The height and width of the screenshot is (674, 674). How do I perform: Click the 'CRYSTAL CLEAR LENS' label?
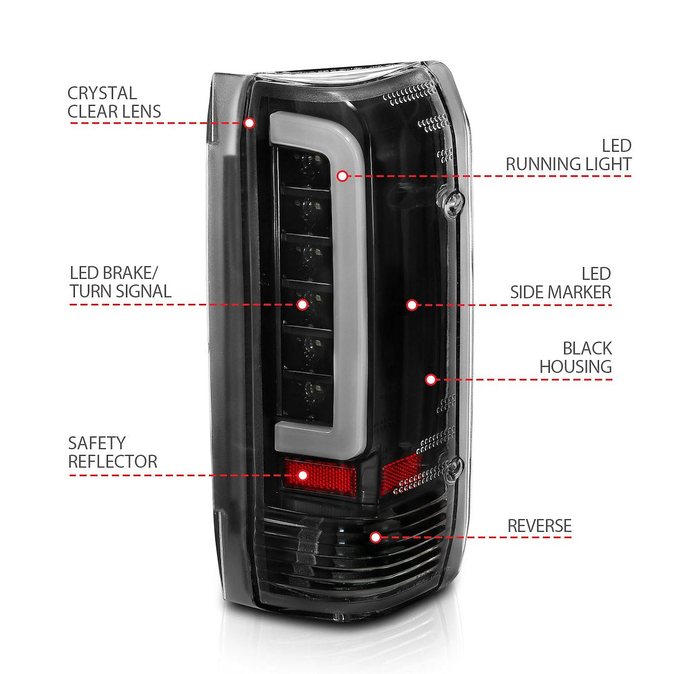(x=114, y=102)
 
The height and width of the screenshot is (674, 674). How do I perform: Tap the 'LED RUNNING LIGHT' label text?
(x=569, y=155)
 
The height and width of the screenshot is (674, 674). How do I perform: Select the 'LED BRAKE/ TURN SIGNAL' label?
(x=120, y=282)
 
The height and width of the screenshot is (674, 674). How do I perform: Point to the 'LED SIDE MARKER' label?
(x=560, y=283)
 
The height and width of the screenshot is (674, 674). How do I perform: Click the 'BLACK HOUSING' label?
(x=575, y=358)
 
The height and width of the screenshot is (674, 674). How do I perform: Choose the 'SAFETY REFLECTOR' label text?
(x=112, y=452)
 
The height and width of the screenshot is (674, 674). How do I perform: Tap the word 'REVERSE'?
(x=539, y=526)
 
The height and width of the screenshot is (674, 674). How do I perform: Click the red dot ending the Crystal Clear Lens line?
(x=249, y=123)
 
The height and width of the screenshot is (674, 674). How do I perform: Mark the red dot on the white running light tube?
(x=342, y=176)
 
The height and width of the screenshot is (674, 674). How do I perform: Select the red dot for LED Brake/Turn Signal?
(x=302, y=305)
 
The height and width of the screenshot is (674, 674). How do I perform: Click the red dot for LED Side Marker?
(x=412, y=305)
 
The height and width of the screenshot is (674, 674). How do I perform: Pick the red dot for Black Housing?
(x=431, y=379)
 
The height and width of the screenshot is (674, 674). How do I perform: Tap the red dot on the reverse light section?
(x=375, y=537)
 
